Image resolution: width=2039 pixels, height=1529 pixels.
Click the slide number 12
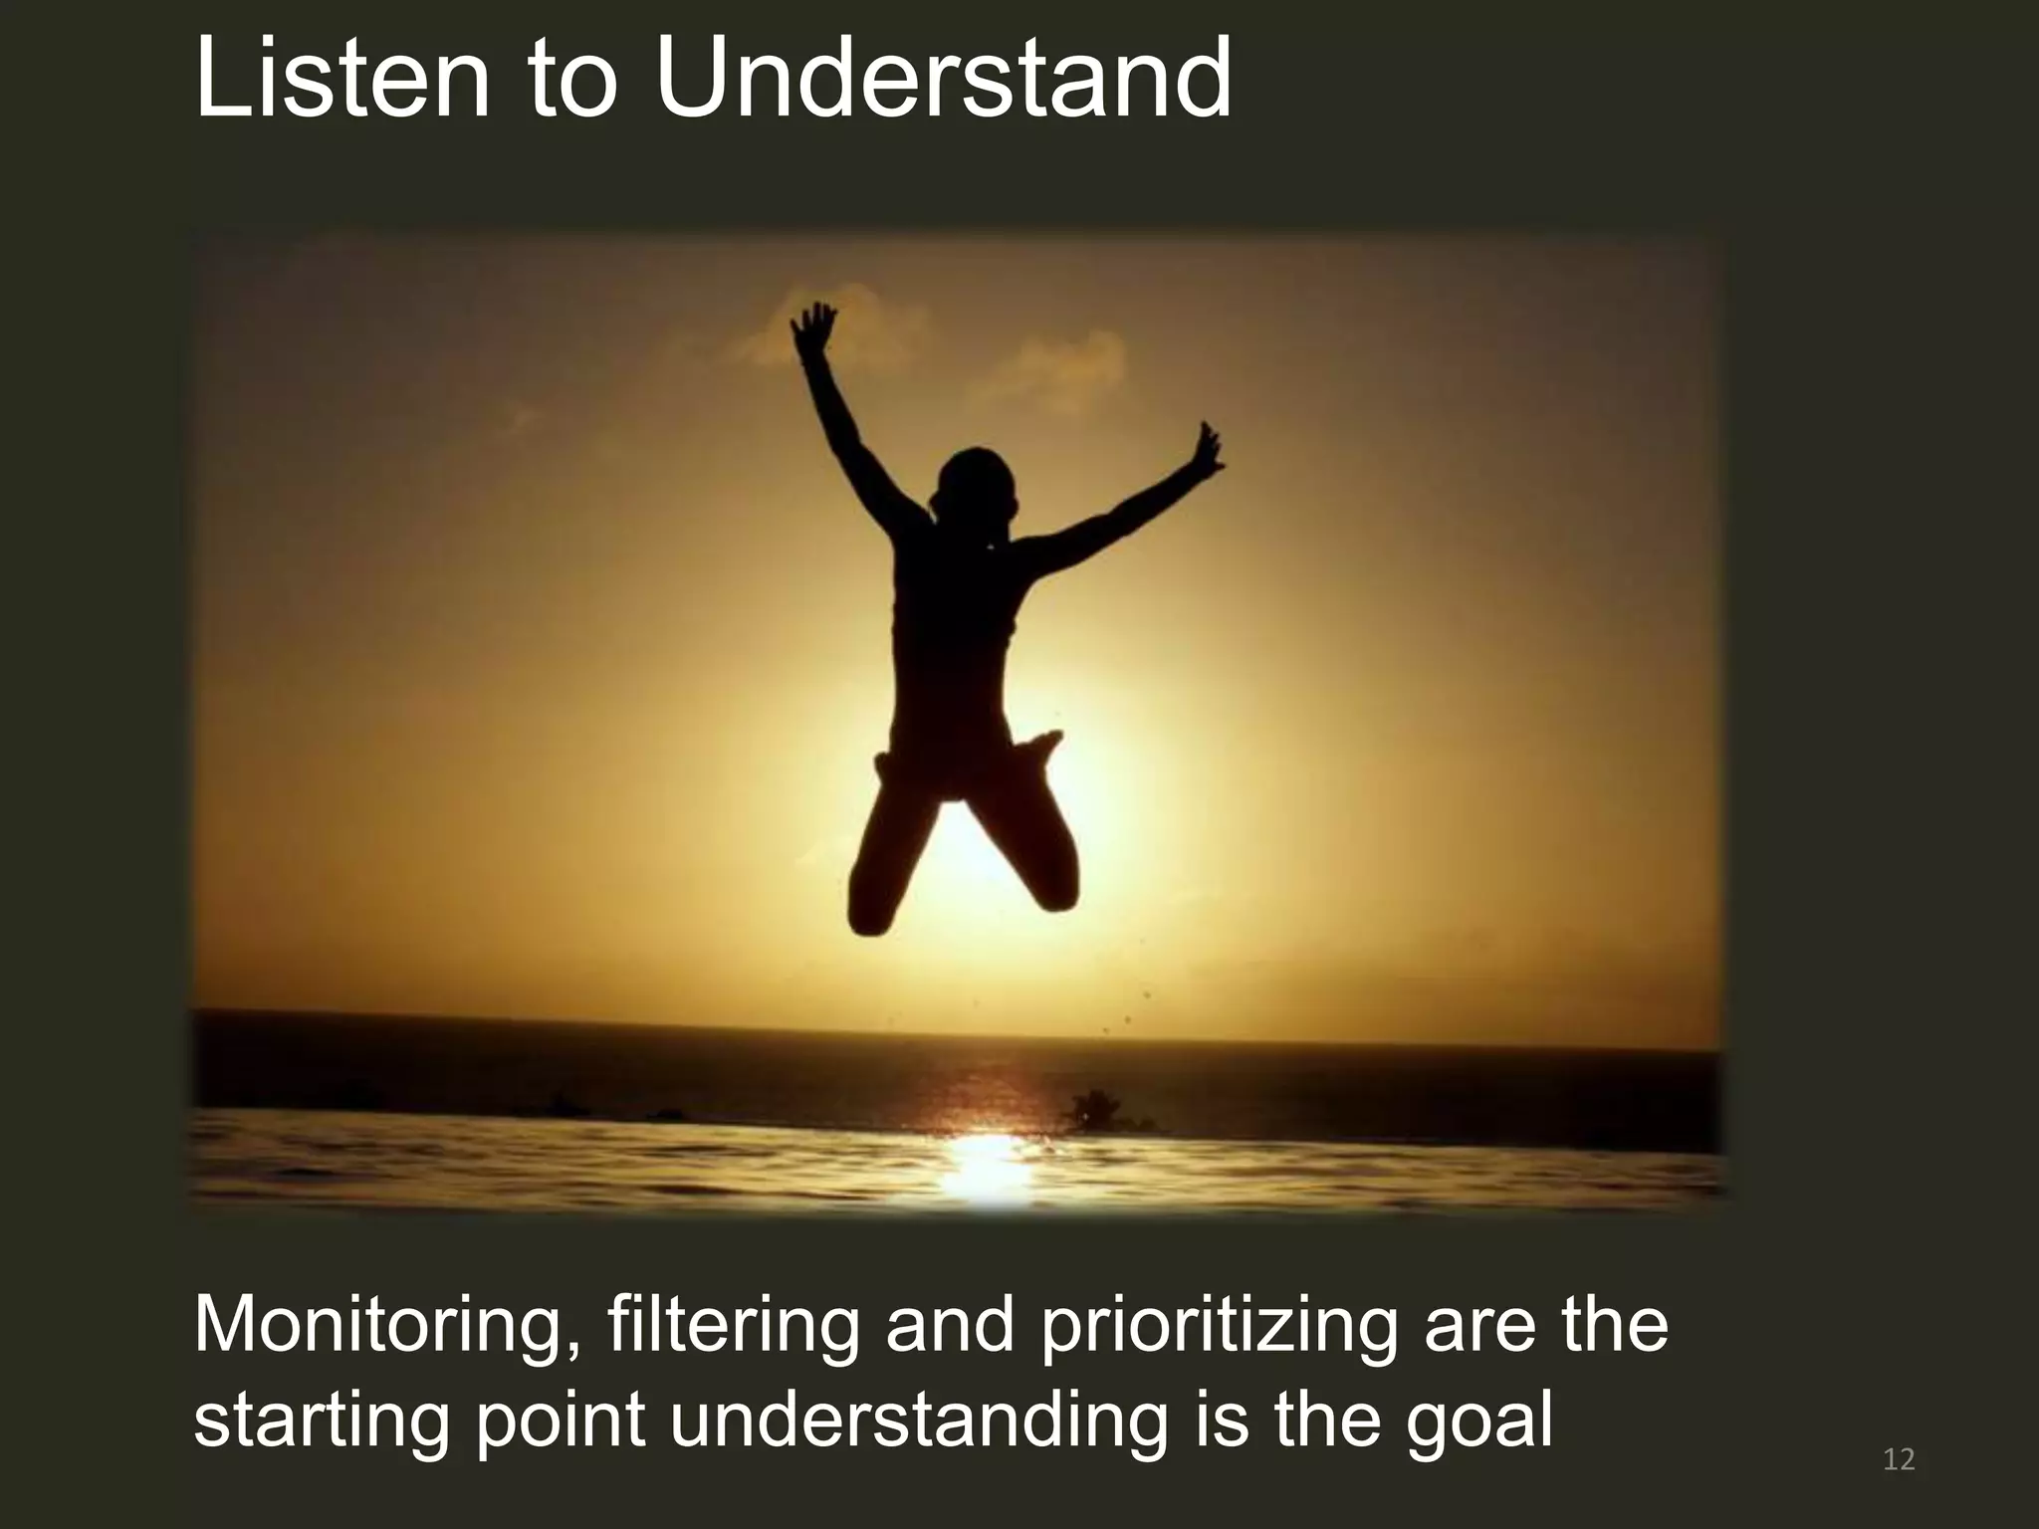[x=1899, y=1460]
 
